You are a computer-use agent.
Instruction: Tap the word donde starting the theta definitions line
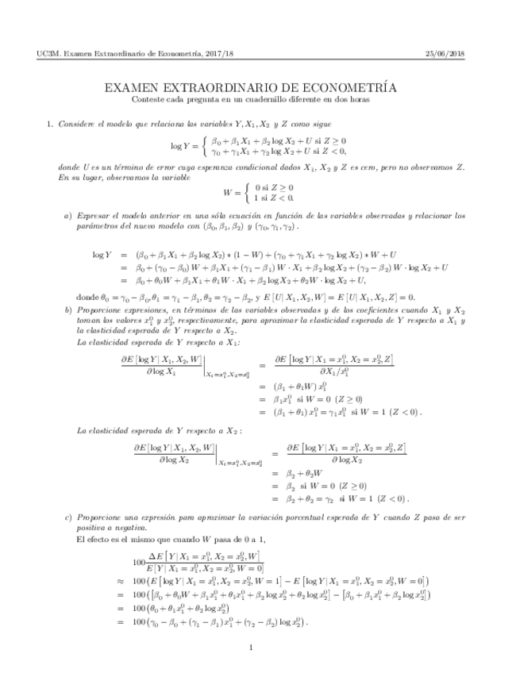(x=86, y=296)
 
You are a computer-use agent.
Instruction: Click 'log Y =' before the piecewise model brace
(x=184, y=145)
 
